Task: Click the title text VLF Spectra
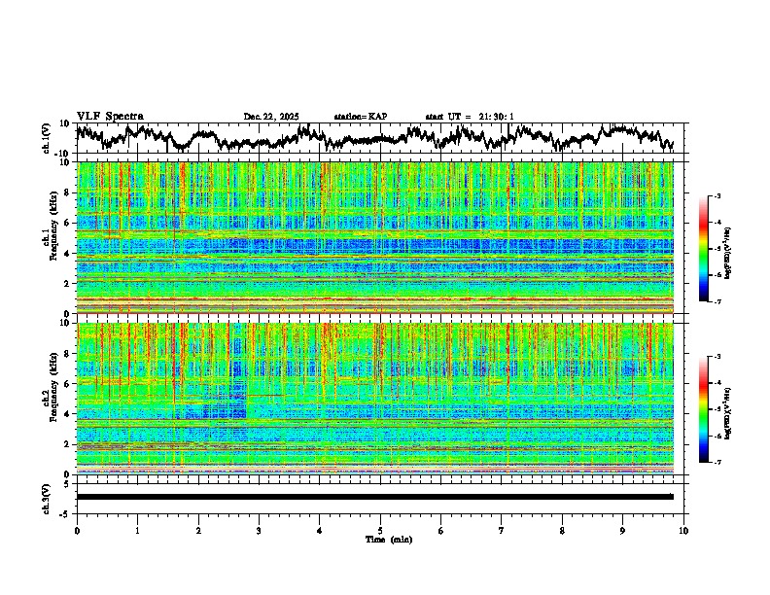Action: pos(110,116)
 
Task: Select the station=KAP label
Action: pos(360,117)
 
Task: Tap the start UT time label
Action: pos(470,117)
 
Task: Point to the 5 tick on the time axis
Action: pos(380,530)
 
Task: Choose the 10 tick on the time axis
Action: pos(683,530)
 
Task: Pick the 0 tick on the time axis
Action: pos(77,530)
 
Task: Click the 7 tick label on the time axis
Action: pos(502,530)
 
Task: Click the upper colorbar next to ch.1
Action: pos(711,249)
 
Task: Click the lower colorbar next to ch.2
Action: pos(711,409)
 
